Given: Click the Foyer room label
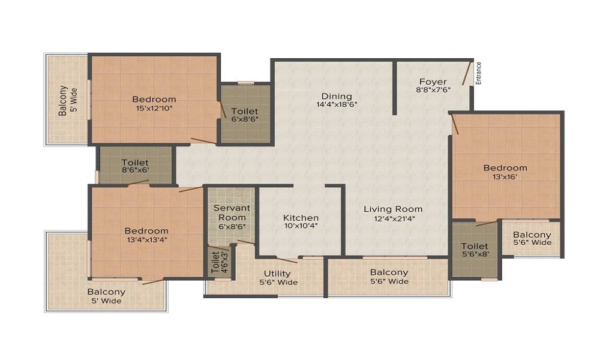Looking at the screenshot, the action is [x=433, y=82].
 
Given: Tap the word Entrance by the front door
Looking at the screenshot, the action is [x=478, y=73].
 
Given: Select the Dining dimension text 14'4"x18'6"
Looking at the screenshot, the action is [x=337, y=104].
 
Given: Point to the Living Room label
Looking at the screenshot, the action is [x=393, y=209].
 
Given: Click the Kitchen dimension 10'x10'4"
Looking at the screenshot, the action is [x=301, y=226].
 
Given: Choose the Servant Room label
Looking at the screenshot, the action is [x=232, y=213].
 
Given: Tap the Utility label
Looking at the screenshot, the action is [x=277, y=274].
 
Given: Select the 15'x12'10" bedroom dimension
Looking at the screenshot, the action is [x=154, y=108].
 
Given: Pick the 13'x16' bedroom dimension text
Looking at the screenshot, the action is [x=505, y=177].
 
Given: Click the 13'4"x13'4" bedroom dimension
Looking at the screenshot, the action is [x=146, y=240].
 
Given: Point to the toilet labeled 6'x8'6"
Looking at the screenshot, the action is [x=245, y=115].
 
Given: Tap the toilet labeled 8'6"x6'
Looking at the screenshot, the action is [x=135, y=166].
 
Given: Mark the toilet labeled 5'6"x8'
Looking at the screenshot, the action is [x=475, y=250].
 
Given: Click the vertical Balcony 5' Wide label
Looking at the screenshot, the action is [x=68, y=100].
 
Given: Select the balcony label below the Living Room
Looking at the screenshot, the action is [x=389, y=277].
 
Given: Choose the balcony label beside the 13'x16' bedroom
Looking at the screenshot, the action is [x=532, y=238].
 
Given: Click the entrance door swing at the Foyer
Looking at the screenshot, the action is [x=466, y=73].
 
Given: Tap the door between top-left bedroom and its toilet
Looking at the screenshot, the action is [x=222, y=110].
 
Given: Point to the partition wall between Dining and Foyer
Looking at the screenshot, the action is [x=395, y=88].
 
